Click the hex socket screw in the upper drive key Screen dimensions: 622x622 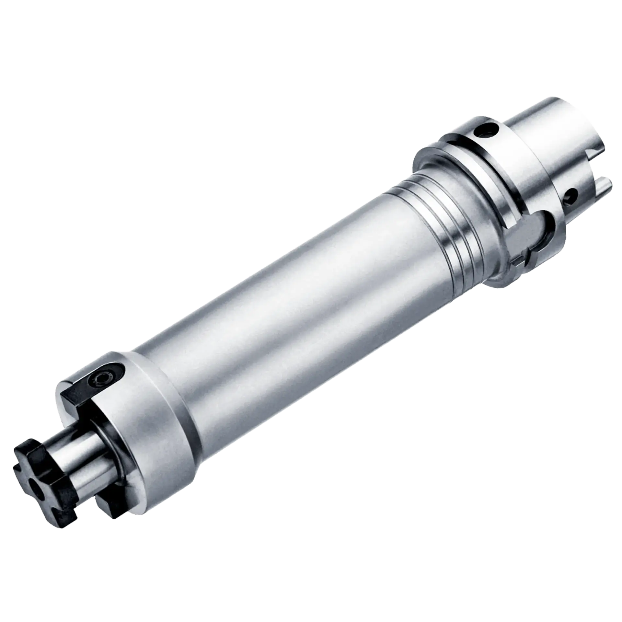pyautogui.click(x=98, y=377)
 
